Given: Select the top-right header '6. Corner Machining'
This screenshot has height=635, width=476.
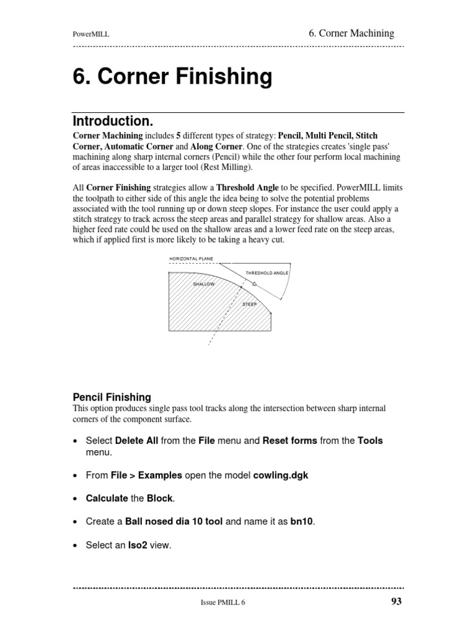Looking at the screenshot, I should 351,33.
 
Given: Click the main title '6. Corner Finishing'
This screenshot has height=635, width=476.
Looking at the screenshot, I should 172,77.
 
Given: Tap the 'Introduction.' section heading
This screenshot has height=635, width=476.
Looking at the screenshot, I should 112,120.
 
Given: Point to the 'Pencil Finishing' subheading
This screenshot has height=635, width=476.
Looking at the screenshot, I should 112,397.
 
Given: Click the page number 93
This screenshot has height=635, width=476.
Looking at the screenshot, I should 397,601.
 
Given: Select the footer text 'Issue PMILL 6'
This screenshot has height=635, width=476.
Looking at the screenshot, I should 227,602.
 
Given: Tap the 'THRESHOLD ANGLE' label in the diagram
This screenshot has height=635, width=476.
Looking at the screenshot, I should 267,273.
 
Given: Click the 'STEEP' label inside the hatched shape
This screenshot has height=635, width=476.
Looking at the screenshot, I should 249,304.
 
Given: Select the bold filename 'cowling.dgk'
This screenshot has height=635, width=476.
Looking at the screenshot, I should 281,475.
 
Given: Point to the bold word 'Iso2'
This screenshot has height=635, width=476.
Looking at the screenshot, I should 137,546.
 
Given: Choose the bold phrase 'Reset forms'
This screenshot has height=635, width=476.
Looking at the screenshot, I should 290,441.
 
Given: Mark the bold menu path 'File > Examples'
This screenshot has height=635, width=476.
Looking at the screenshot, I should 146,475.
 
